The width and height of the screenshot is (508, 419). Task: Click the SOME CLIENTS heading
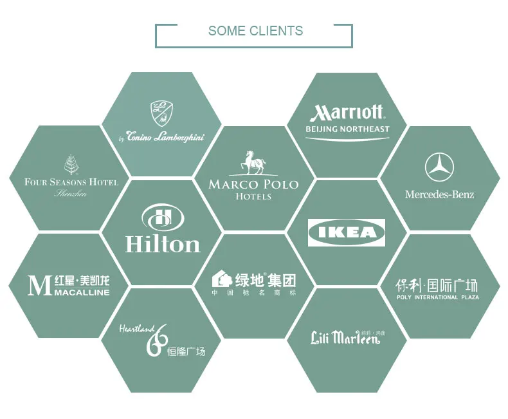(255, 31)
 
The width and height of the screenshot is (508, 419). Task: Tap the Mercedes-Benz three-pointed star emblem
(439, 167)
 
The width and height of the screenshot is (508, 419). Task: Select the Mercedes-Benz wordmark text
(439, 194)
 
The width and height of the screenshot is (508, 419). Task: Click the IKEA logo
(347, 232)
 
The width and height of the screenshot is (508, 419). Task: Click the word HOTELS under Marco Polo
(253, 196)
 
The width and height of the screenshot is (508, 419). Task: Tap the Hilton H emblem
(162, 217)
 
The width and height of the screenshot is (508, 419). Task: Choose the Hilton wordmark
(163, 244)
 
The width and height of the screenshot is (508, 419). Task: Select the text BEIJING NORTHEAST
(347, 129)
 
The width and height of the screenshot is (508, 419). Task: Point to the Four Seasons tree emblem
(71, 164)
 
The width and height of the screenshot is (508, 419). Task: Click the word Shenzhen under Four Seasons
(71, 193)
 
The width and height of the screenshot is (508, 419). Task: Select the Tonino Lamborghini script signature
(161, 136)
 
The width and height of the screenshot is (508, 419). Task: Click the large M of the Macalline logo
(39, 285)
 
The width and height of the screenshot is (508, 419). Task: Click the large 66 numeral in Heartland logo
(156, 340)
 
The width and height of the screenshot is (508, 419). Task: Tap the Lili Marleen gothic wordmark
(345, 338)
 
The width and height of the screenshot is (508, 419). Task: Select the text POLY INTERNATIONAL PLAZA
(437, 297)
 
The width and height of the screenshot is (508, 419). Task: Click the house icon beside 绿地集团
(222, 279)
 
